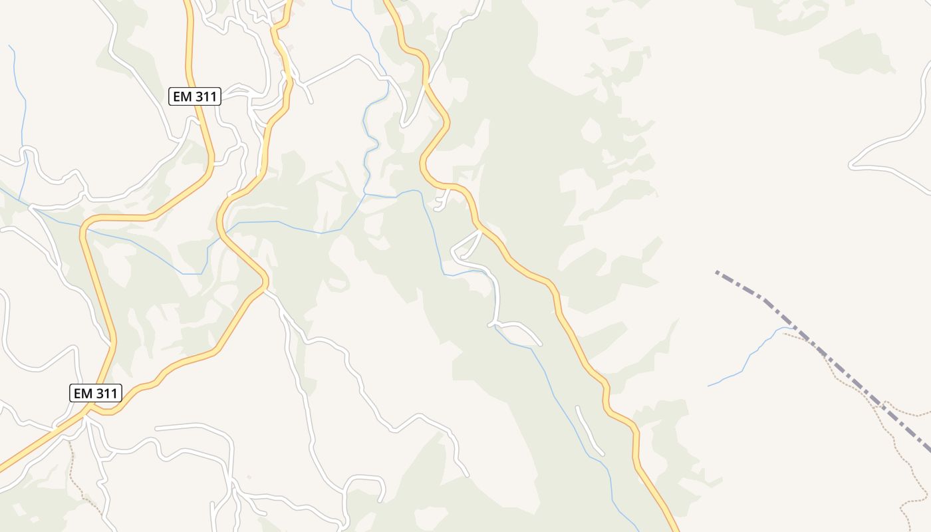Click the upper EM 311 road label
tap(195, 96)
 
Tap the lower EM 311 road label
tap(95, 393)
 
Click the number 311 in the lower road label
tap(106, 393)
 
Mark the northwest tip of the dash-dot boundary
tap(717, 272)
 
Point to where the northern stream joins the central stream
tap(365, 195)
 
